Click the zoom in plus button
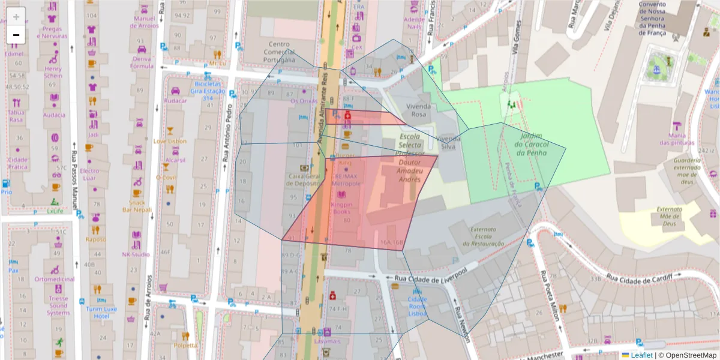point(16,17)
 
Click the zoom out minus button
point(16,35)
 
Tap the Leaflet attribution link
point(641,355)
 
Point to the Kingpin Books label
point(341,208)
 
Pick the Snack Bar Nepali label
point(137,206)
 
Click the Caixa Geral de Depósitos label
point(305,180)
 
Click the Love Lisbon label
point(170,141)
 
